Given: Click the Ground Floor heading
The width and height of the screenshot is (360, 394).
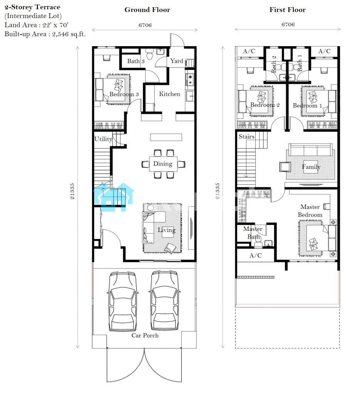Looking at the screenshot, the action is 147,10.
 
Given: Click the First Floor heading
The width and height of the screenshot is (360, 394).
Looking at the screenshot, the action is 288,10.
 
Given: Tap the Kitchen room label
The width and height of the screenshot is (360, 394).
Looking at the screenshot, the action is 170,94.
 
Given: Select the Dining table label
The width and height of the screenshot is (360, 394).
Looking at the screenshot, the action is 163,164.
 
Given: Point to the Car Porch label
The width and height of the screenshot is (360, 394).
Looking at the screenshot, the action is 145,336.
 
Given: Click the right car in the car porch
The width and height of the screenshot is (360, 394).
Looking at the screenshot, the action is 165,301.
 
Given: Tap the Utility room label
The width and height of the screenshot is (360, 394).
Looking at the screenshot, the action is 103,139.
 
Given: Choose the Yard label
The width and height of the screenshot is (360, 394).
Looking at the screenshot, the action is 177,61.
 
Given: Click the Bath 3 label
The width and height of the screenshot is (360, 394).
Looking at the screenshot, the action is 136,61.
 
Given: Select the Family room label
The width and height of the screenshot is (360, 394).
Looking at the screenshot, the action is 311,167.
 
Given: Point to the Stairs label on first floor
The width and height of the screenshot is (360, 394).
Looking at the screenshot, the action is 247,137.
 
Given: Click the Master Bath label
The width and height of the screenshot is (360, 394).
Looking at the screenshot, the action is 253,233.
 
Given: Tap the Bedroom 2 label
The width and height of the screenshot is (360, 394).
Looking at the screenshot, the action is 265,105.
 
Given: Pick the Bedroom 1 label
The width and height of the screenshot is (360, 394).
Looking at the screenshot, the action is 308,105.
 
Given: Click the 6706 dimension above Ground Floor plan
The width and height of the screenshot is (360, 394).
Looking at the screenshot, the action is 145,25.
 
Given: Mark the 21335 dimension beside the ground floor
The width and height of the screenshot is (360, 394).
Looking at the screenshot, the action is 72,191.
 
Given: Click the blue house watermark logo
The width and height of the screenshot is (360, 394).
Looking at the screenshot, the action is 114,197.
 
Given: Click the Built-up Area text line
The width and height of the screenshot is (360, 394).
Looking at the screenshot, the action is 45,34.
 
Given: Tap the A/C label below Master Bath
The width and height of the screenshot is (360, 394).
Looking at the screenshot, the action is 256,255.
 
